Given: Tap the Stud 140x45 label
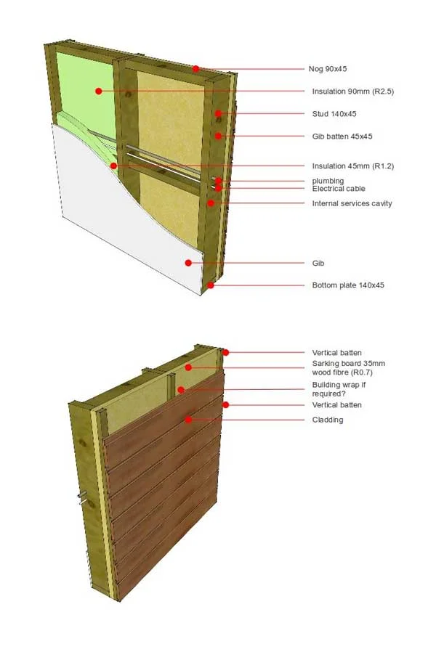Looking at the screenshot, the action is pyautogui.click(x=334, y=114).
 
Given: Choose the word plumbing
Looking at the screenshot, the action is pyautogui.click(x=328, y=181).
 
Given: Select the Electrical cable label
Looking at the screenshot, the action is pyautogui.click(x=338, y=189).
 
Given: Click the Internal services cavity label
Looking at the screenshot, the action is pyautogui.click(x=352, y=203).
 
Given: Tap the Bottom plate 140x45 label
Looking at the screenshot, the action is pyautogui.click(x=347, y=285).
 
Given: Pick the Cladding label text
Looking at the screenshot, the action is pyautogui.click(x=327, y=420).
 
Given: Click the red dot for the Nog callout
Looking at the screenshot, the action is pyautogui.click(x=196, y=69).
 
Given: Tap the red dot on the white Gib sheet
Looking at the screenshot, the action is pyautogui.click(x=188, y=263).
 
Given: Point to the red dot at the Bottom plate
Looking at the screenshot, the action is pyautogui.click(x=211, y=285).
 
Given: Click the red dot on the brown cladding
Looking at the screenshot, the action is pyautogui.click(x=187, y=420).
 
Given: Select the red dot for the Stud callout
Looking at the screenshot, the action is pyautogui.click(x=218, y=114).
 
